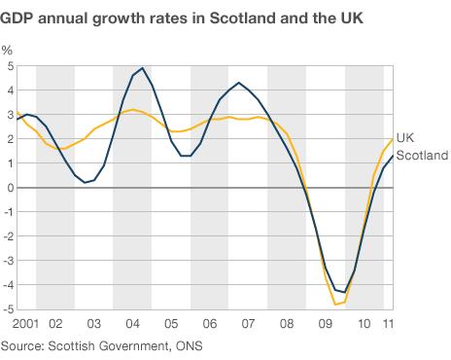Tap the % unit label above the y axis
point(8,49)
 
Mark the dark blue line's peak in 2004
point(143,68)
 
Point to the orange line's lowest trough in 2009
point(336,305)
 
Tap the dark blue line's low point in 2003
point(86,182)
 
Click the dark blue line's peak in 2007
point(239,83)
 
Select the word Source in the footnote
point(23,345)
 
